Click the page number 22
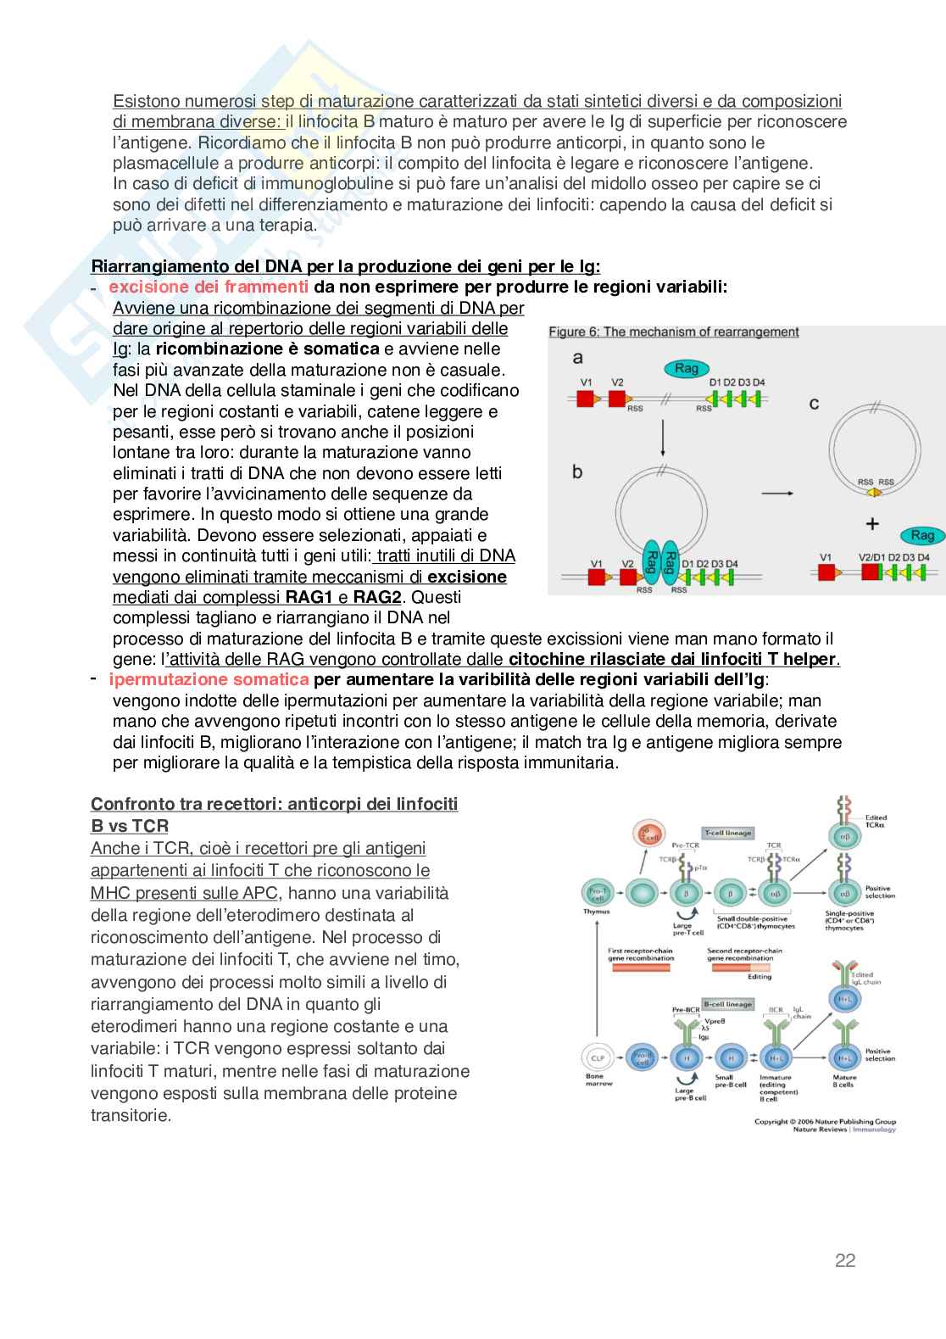(845, 1260)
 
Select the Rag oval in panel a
(686, 368)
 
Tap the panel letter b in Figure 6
(577, 472)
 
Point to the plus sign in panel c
(871, 523)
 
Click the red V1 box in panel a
(586, 398)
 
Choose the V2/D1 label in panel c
(876, 557)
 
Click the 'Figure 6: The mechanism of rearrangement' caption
(673, 332)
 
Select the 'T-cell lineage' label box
(726, 833)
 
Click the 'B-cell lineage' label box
(726, 1004)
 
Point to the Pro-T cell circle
(597, 892)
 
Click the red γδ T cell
(650, 836)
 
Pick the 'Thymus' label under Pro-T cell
(597, 912)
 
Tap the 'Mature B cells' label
(844, 1081)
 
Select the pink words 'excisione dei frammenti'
(209, 287)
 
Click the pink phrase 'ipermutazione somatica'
(209, 679)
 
